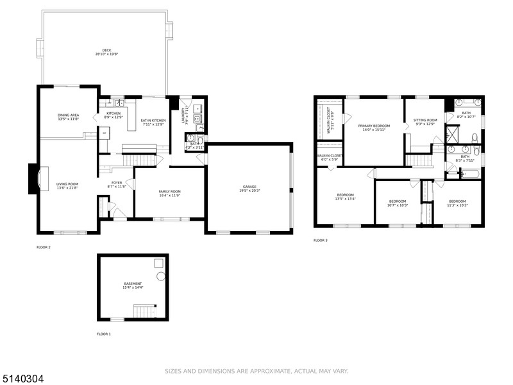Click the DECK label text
point(106,50)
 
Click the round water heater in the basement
point(160,276)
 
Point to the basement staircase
point(144,312)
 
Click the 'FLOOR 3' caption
point(320,241)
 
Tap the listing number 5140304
point(24,379)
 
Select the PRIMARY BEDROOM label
point(374,126)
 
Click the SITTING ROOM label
point(425,120)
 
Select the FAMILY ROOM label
point(171,191)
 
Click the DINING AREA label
point(68,115)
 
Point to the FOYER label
point(117,182)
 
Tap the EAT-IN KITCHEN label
point(153,120)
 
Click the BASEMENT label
point(133,284)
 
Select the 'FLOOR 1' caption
point(104,334)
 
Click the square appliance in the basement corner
point(157,262)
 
